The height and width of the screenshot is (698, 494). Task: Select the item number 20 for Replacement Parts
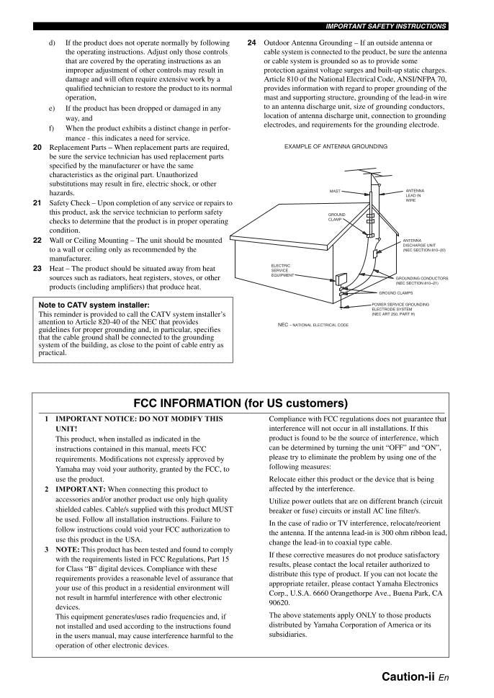coord(37,147)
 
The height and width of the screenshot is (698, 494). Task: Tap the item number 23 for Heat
coord(37,269)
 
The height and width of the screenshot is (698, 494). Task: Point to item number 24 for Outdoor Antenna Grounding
coord(251,43)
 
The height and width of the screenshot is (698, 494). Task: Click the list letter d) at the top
coord(53,43)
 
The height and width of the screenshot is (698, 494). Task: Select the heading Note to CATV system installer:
coord(94,305)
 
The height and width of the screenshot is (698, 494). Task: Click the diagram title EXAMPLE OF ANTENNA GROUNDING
coord(336,146)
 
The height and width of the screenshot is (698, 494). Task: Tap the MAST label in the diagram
coord(335,191)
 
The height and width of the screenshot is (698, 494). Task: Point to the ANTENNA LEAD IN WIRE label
coord(414,195)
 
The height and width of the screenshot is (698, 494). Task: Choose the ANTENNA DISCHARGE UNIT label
coord(423,245)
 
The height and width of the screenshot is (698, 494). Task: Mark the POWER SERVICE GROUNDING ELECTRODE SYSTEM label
coord(400,309)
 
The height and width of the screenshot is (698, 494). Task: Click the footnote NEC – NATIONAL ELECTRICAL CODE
coord(313,325)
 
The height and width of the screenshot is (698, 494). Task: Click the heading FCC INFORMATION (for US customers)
coord(241,403)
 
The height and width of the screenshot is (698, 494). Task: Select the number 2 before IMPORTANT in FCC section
coord(47,489)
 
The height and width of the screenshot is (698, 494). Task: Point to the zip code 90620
coord(279,602)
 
